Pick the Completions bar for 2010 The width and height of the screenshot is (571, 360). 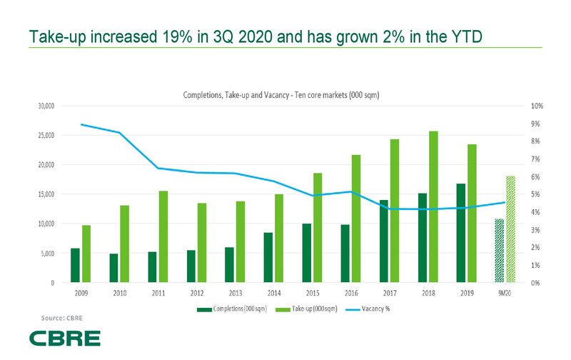click(113, 268)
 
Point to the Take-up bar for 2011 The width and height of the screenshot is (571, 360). click(163, 236)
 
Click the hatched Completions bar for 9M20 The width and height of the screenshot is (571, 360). click(500, 250)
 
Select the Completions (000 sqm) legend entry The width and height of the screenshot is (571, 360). click(236, 309)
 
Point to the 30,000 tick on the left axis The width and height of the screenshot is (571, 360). click(46, 106)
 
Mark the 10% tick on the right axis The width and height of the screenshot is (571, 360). click(535, 106)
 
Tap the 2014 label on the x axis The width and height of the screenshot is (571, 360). click(273, 291)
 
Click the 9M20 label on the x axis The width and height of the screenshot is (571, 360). click(505, 291)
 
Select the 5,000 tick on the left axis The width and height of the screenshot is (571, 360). click(48, 253)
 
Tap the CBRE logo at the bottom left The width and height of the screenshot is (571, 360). click(65, 338)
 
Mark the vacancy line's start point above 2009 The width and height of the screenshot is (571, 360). click(81, 124)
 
